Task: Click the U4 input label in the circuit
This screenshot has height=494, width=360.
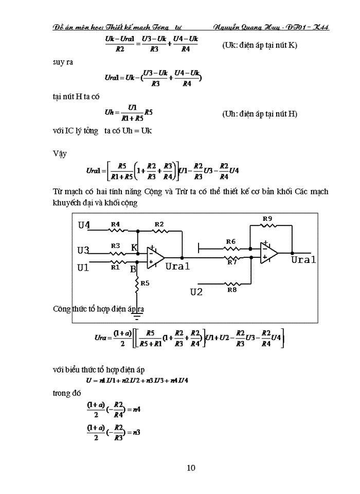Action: [84, 225]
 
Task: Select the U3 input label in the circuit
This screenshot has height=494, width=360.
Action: [83, 251]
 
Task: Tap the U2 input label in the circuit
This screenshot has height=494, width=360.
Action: [196, 292]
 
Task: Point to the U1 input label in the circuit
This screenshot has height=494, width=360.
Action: [83, 267]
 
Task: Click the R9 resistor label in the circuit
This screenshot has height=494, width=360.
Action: [267, 218]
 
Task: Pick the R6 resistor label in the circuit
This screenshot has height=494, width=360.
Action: [230, 241]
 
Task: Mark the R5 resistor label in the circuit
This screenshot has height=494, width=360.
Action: [146, 283]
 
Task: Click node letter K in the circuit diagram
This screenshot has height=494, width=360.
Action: [134, 248]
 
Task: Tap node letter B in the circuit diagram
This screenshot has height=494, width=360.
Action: [133, 269]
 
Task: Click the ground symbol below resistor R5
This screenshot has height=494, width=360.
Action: [137, 304]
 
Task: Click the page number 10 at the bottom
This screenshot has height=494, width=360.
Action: [190, 468]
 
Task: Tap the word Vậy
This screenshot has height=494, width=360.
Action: [60, 153]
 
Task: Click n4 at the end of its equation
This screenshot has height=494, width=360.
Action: [137, 410]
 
